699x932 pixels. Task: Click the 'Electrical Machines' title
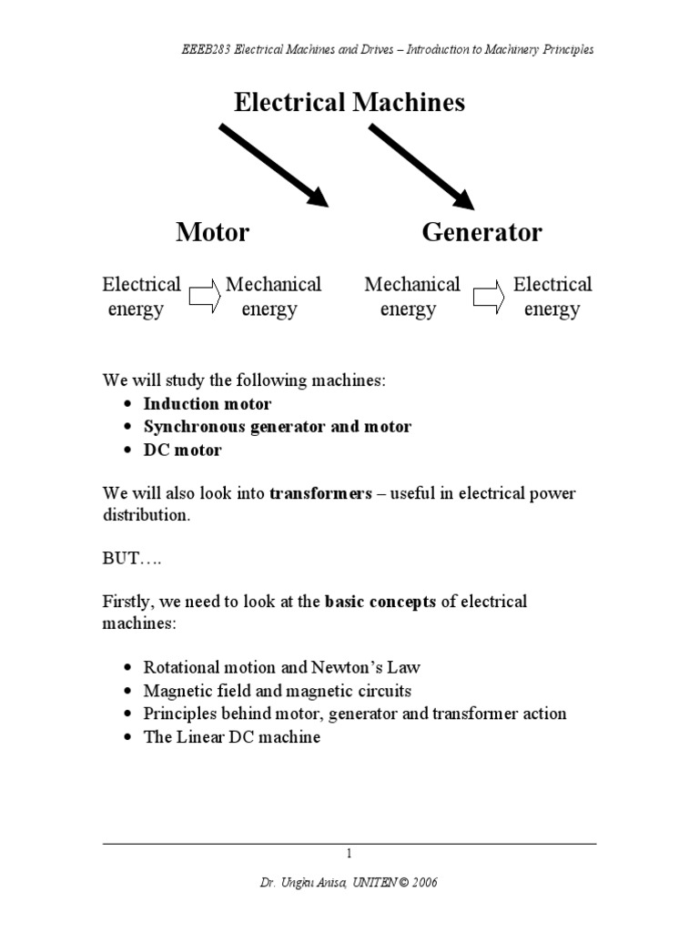coord(349,102)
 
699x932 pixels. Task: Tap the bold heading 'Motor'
coord(213,231)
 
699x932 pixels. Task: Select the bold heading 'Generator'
coord(482,231)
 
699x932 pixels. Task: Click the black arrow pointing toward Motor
coord(274,166)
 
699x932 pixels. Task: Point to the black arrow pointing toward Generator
coord(421,167)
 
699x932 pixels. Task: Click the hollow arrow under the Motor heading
coord(205,296)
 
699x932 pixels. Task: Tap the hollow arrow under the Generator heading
coord(489,296)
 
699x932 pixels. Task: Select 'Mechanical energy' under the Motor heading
coord(273,297)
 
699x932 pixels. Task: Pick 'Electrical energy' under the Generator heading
coord(552,297)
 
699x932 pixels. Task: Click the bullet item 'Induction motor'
coord(208,403)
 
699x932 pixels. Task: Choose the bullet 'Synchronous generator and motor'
coord(278,427)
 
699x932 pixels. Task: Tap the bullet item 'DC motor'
coord(182,450)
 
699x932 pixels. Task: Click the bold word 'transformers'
coord(321,493)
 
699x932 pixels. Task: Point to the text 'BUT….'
coord(132,558)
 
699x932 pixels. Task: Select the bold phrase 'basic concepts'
coord(380,602)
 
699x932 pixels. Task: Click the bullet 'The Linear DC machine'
coord(232,737)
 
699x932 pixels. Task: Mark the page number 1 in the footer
coord(349,854)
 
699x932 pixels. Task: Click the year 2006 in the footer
coord(425,883)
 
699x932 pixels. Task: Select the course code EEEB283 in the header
coord(206,49)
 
